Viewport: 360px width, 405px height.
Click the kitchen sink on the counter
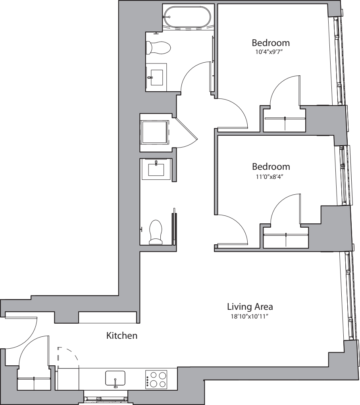(115, 378)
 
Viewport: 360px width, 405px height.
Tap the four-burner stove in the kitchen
(156, 379)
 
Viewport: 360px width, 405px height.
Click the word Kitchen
(121, 336)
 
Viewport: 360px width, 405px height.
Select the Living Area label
(250, 307)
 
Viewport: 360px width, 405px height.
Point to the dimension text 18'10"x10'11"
(250, 316)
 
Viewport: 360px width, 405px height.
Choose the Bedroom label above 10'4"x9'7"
(271, 42)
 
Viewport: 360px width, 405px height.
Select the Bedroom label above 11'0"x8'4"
(271, 167)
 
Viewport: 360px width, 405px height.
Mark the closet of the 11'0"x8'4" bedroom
(285, 238)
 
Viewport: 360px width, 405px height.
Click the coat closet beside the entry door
(34, 381)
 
